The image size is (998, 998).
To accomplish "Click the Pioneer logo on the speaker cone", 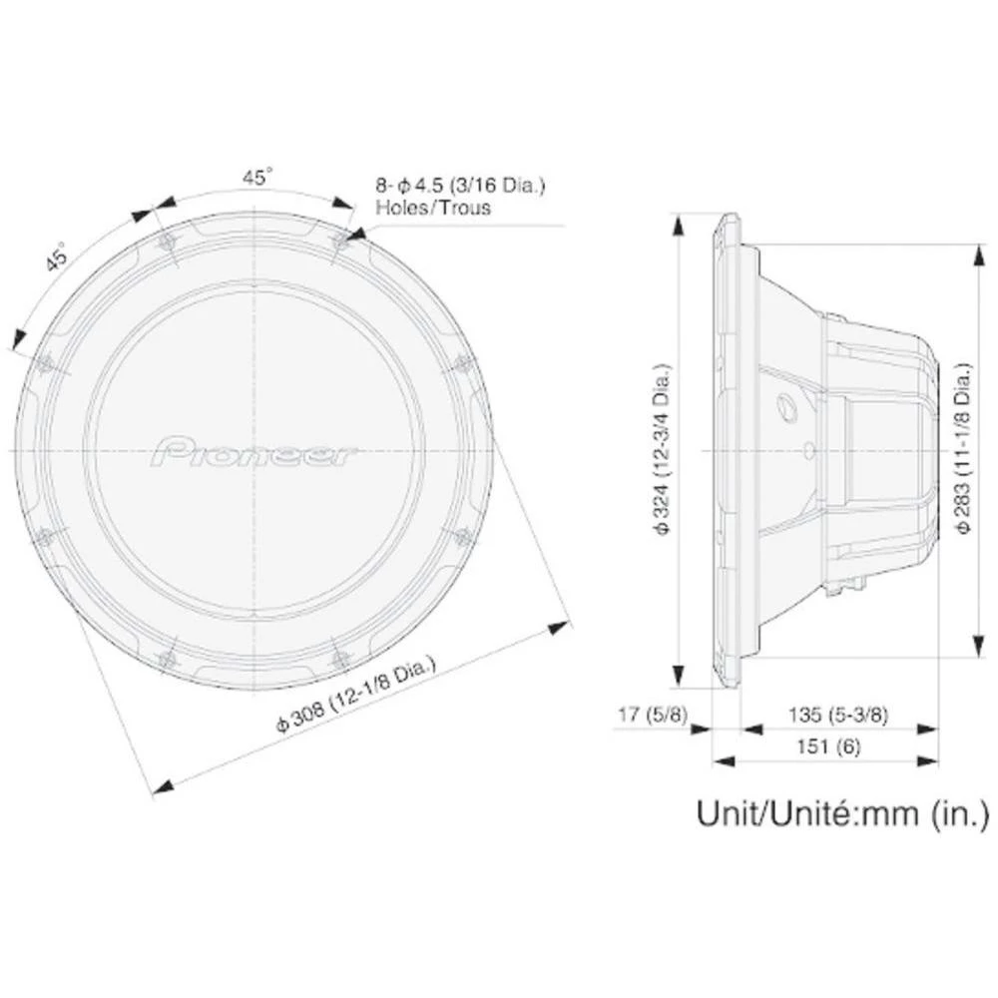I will (255, 451).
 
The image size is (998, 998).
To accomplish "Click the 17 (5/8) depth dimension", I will (655, 715).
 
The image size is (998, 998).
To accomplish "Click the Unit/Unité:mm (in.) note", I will (842, 813).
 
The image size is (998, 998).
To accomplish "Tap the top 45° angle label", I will (256, 178).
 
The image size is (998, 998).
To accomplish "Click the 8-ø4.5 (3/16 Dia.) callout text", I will (461, 186).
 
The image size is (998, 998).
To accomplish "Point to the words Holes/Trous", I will (433, 208).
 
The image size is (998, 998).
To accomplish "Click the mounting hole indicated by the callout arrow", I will (340, 240).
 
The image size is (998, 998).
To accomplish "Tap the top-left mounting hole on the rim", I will (167, 241).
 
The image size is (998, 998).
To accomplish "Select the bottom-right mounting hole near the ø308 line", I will (340, 658).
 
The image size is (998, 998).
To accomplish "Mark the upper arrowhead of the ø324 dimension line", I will (679, 225).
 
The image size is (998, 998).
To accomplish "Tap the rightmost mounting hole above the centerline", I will (462, 363).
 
